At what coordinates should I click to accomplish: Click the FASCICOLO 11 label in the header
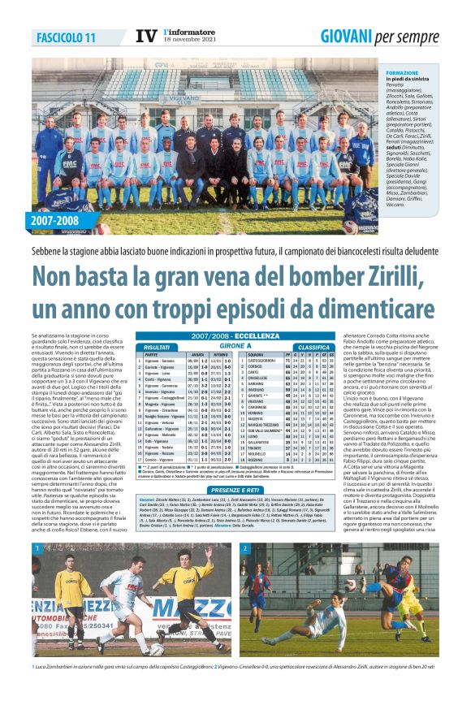point(67,37)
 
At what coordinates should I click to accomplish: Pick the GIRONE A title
point(235,346)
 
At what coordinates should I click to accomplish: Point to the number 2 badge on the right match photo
point(245,549)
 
